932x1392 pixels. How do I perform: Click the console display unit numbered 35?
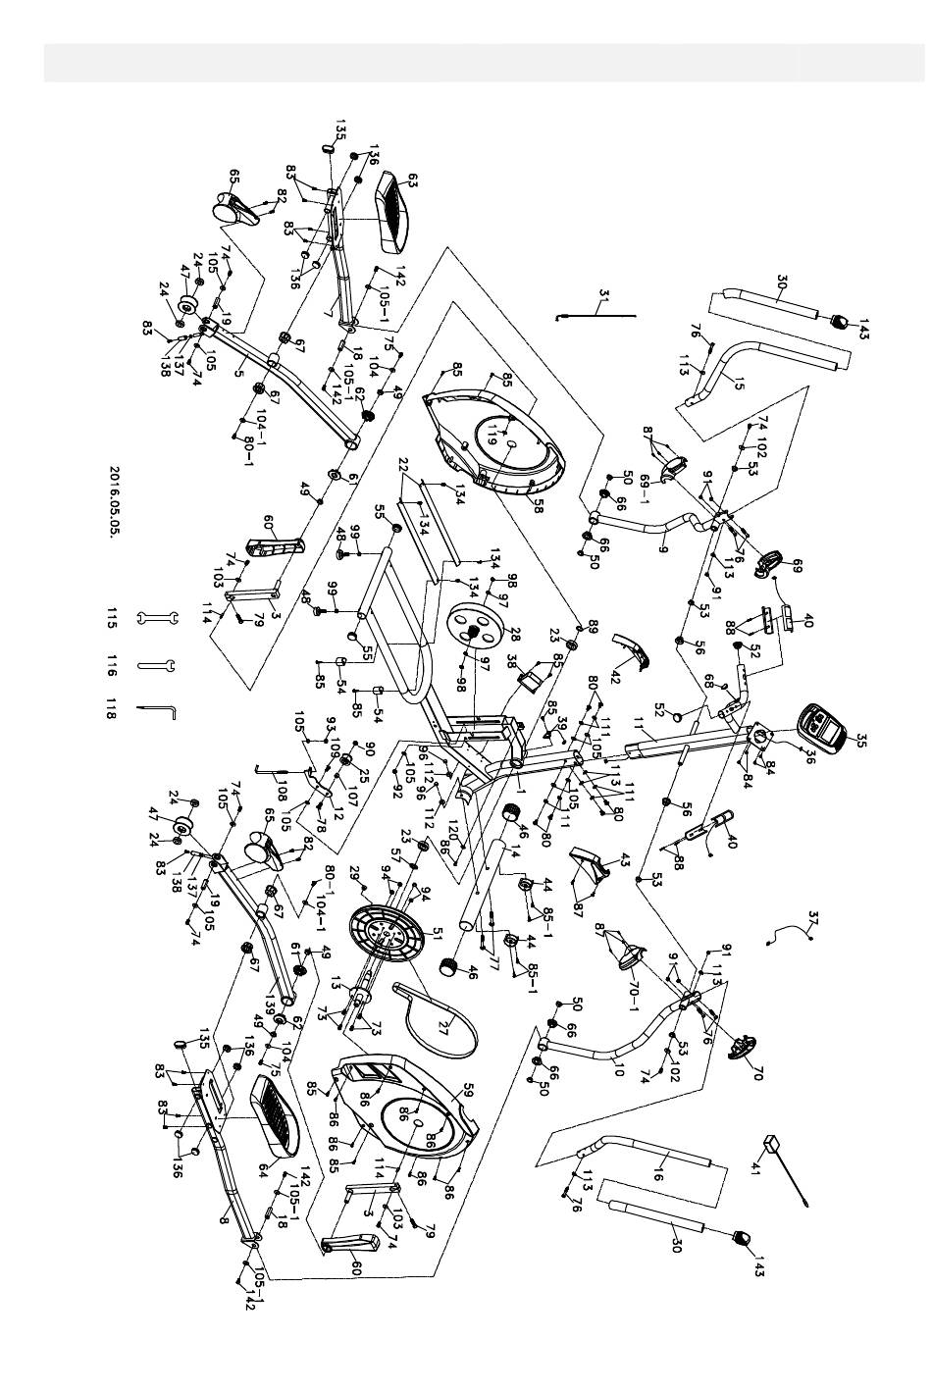click(819, 727)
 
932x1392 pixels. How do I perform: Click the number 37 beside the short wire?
click(813, 918)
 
